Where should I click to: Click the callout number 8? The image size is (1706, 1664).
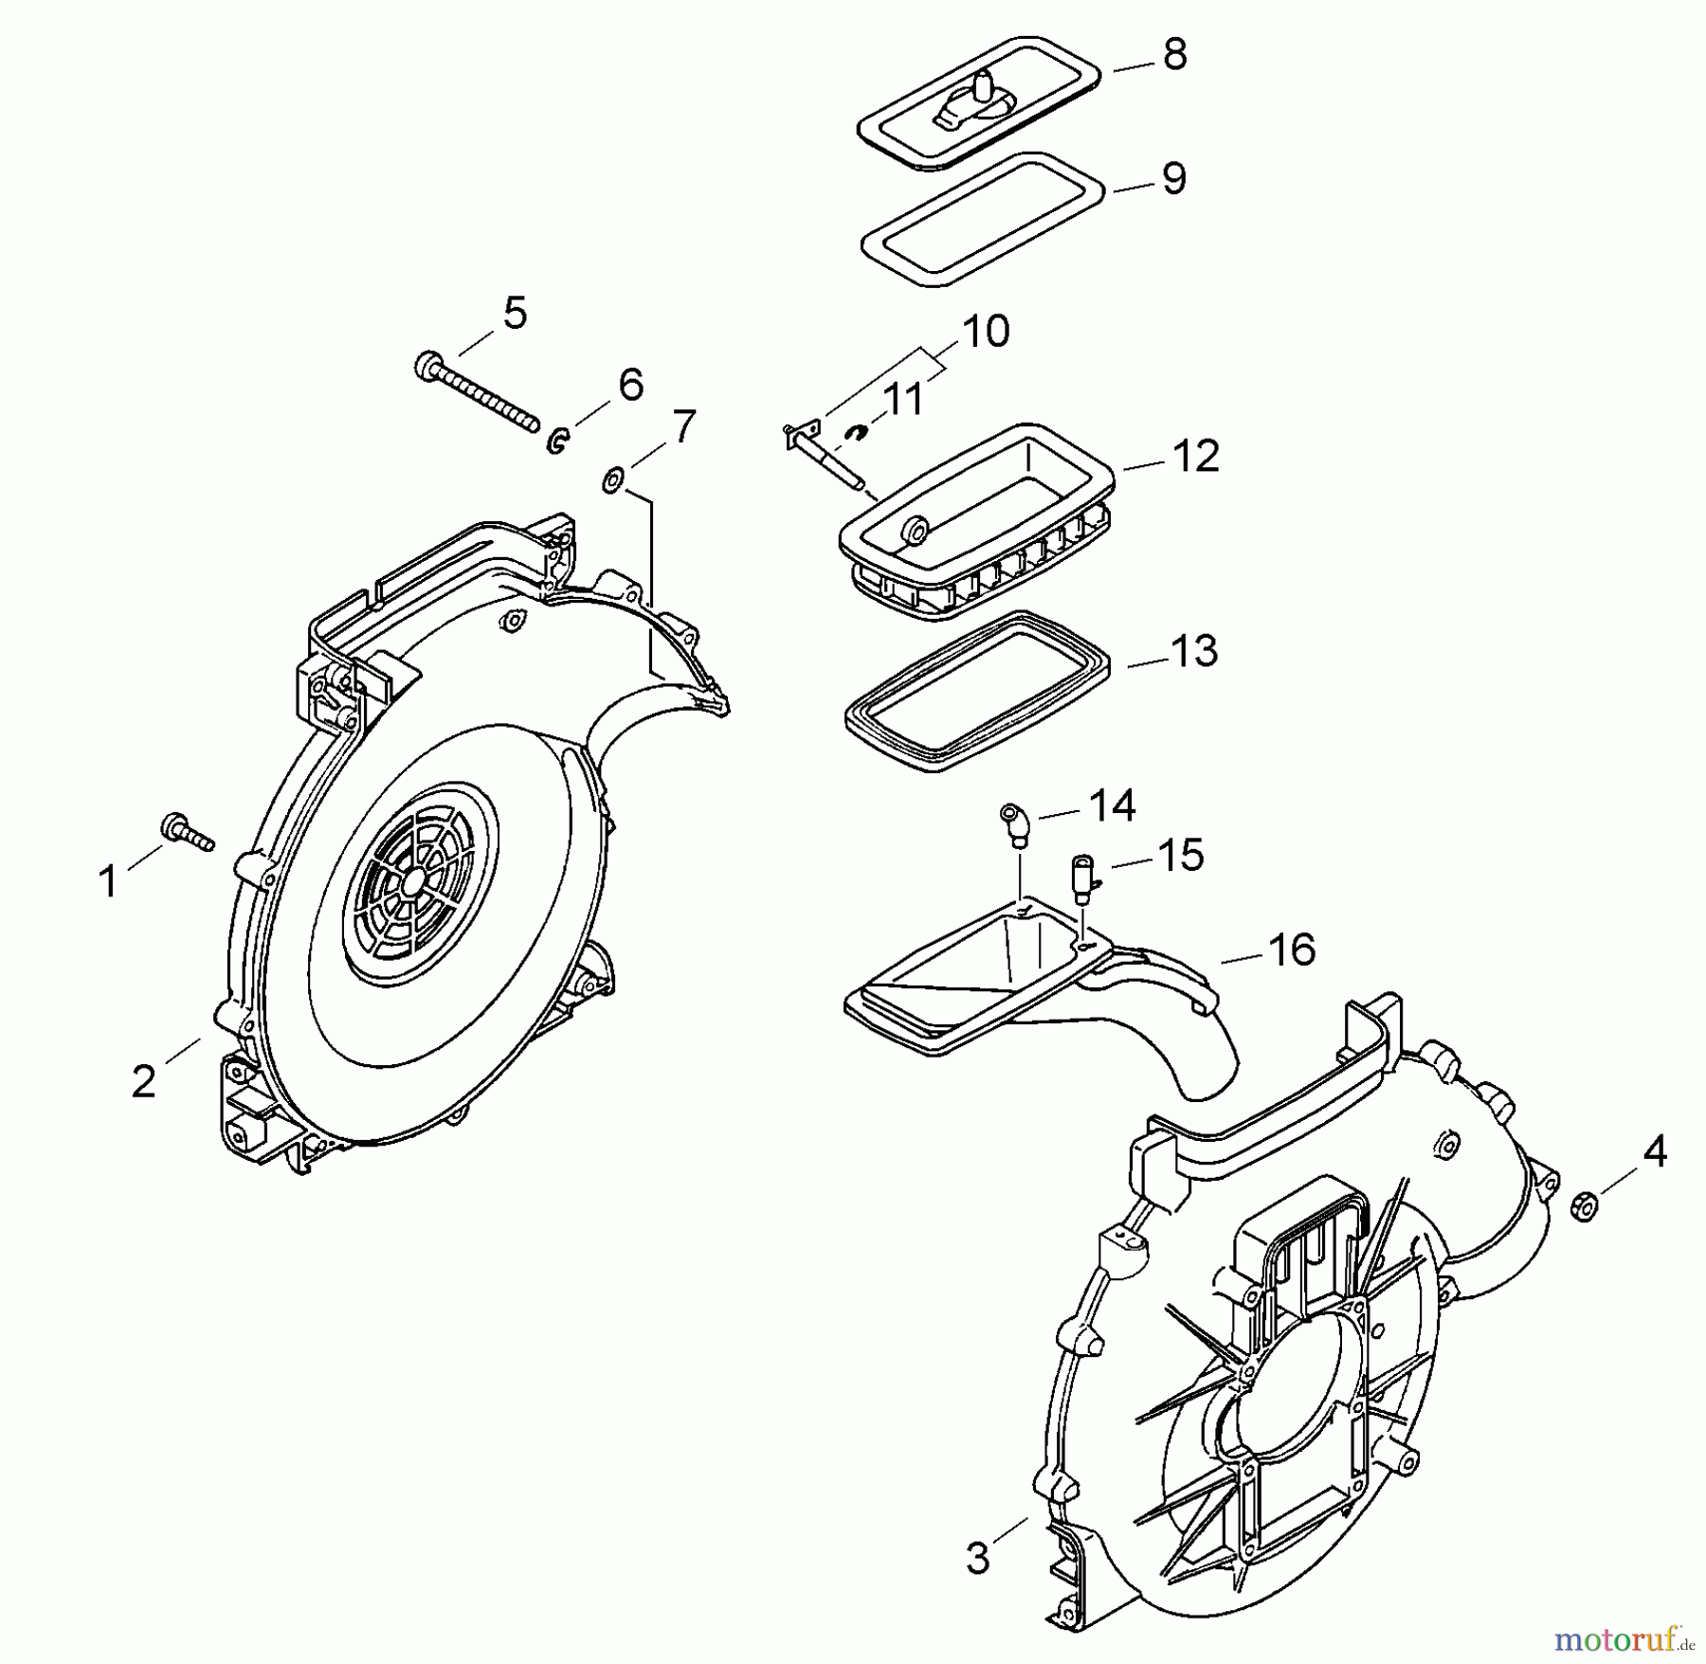click(1174, 55)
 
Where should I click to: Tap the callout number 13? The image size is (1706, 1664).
click(1194, 652)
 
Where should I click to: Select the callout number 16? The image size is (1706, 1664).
click(1291, 950)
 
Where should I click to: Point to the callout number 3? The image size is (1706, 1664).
click(977, 1557)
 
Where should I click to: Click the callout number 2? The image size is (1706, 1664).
click(143, 1081)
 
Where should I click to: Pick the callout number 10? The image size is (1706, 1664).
click(986, 332)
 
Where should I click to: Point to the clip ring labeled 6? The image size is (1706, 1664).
click(558, 440)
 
